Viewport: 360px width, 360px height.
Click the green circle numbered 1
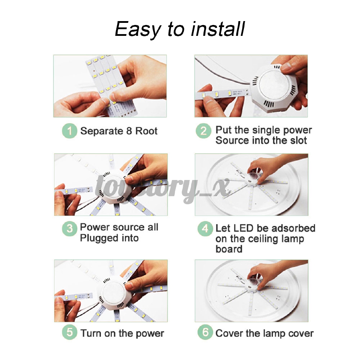(x=69, y=131)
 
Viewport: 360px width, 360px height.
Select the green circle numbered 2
(x=204, y=131)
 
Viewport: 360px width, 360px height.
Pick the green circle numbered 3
(x=69, y=229)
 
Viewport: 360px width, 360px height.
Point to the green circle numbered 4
(x=205, y=229)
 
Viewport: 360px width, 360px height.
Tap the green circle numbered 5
(x=69, y=333)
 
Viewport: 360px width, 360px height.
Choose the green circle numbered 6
(x=205, y=332)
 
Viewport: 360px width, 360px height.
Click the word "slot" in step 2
(x=298, y=141)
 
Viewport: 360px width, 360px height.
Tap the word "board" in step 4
(x=229, y=249)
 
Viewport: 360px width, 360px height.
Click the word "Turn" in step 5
(x=91, y=333)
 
